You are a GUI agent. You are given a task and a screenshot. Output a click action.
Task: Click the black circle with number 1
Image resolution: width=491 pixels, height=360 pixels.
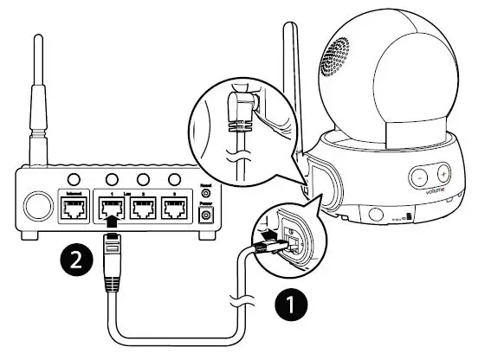click(x=290, y=305)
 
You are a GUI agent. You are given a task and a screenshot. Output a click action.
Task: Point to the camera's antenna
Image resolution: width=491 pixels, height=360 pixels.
click(x=289, y=87)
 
